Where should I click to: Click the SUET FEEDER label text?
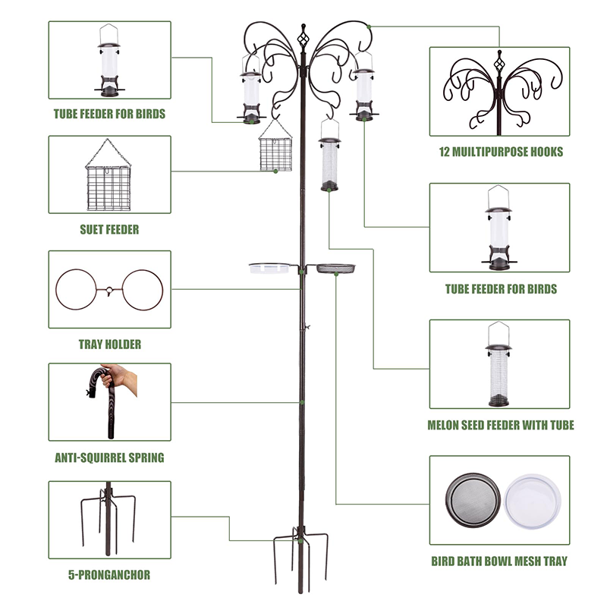[110, 228]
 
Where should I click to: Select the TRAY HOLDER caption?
[110, 344]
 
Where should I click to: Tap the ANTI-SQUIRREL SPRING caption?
[109, 458]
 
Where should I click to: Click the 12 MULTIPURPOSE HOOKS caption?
[501, 152]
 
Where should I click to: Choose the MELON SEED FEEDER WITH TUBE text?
[499, 425]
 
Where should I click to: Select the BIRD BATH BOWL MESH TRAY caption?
[501, 561]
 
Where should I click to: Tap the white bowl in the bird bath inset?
[533, 502]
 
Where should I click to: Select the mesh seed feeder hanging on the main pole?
[329, 163]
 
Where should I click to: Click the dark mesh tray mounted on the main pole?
[335, 268]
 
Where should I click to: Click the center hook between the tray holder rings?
[110, 290]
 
